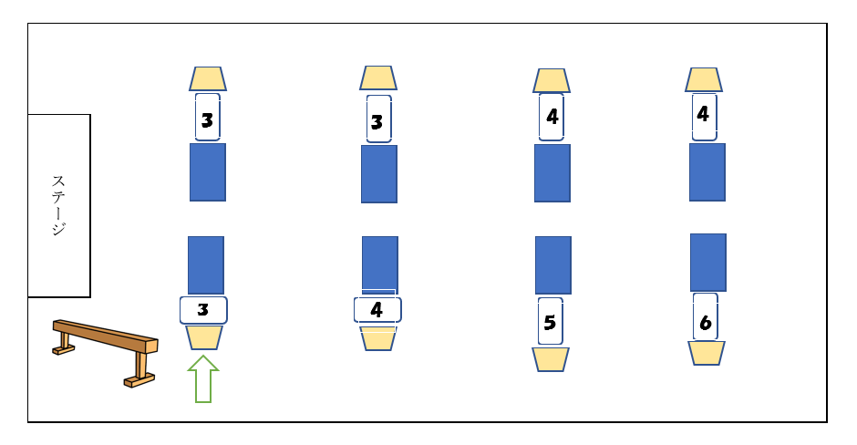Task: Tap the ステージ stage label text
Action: tap(58, 205)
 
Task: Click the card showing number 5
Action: tap(550, 321)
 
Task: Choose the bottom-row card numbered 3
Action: tap(203, 310)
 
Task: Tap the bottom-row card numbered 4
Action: tap(377, 309)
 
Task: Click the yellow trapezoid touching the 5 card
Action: tap(550, 359)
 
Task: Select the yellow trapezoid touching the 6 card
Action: tap(706, 353)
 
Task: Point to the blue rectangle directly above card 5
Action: tap(552, 265)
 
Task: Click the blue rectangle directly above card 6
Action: tap(707, 263)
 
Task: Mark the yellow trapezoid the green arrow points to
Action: tap(203, 337)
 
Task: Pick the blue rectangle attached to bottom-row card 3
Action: tap(205, 264)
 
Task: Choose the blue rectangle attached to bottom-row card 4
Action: tap(379, 264)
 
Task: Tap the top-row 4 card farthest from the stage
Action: tap(703, 116)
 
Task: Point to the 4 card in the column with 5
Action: tap(551, 117)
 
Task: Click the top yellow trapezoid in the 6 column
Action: tap(703, 79)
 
